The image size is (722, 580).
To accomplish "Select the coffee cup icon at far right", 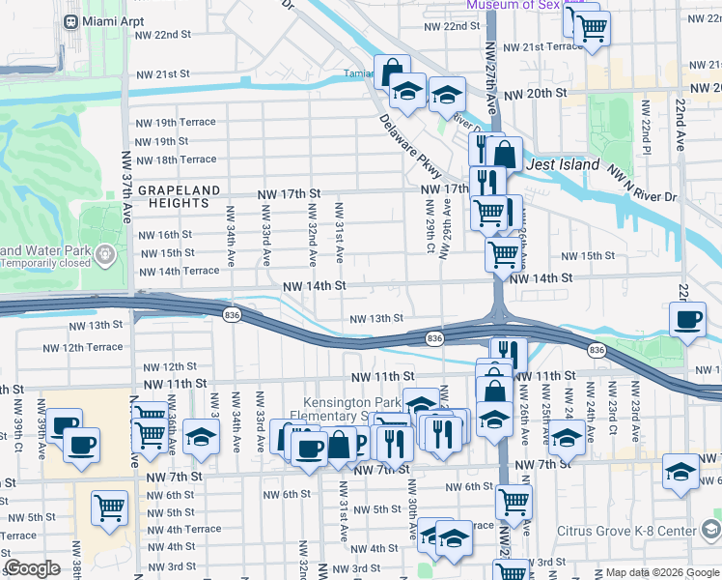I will (x=687, y=320).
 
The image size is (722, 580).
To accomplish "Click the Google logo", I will (x=32, y=568).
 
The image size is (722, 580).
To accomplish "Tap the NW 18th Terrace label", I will (x=176, y=159).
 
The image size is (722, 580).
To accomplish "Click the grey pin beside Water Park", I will (x=105, y=256).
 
